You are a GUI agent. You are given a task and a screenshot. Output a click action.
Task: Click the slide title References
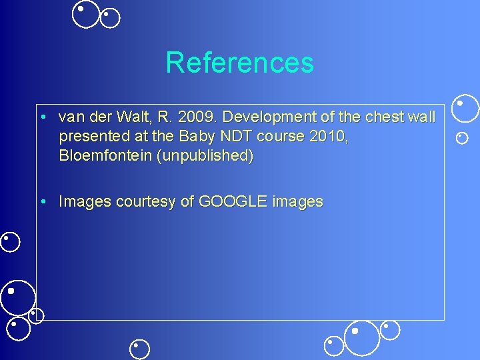point(239,63)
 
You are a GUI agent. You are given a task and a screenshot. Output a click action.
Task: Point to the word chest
point(383,117)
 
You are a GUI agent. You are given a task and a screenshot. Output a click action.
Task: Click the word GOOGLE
point(233,201)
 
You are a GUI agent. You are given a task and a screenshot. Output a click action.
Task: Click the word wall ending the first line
point(421,117)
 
